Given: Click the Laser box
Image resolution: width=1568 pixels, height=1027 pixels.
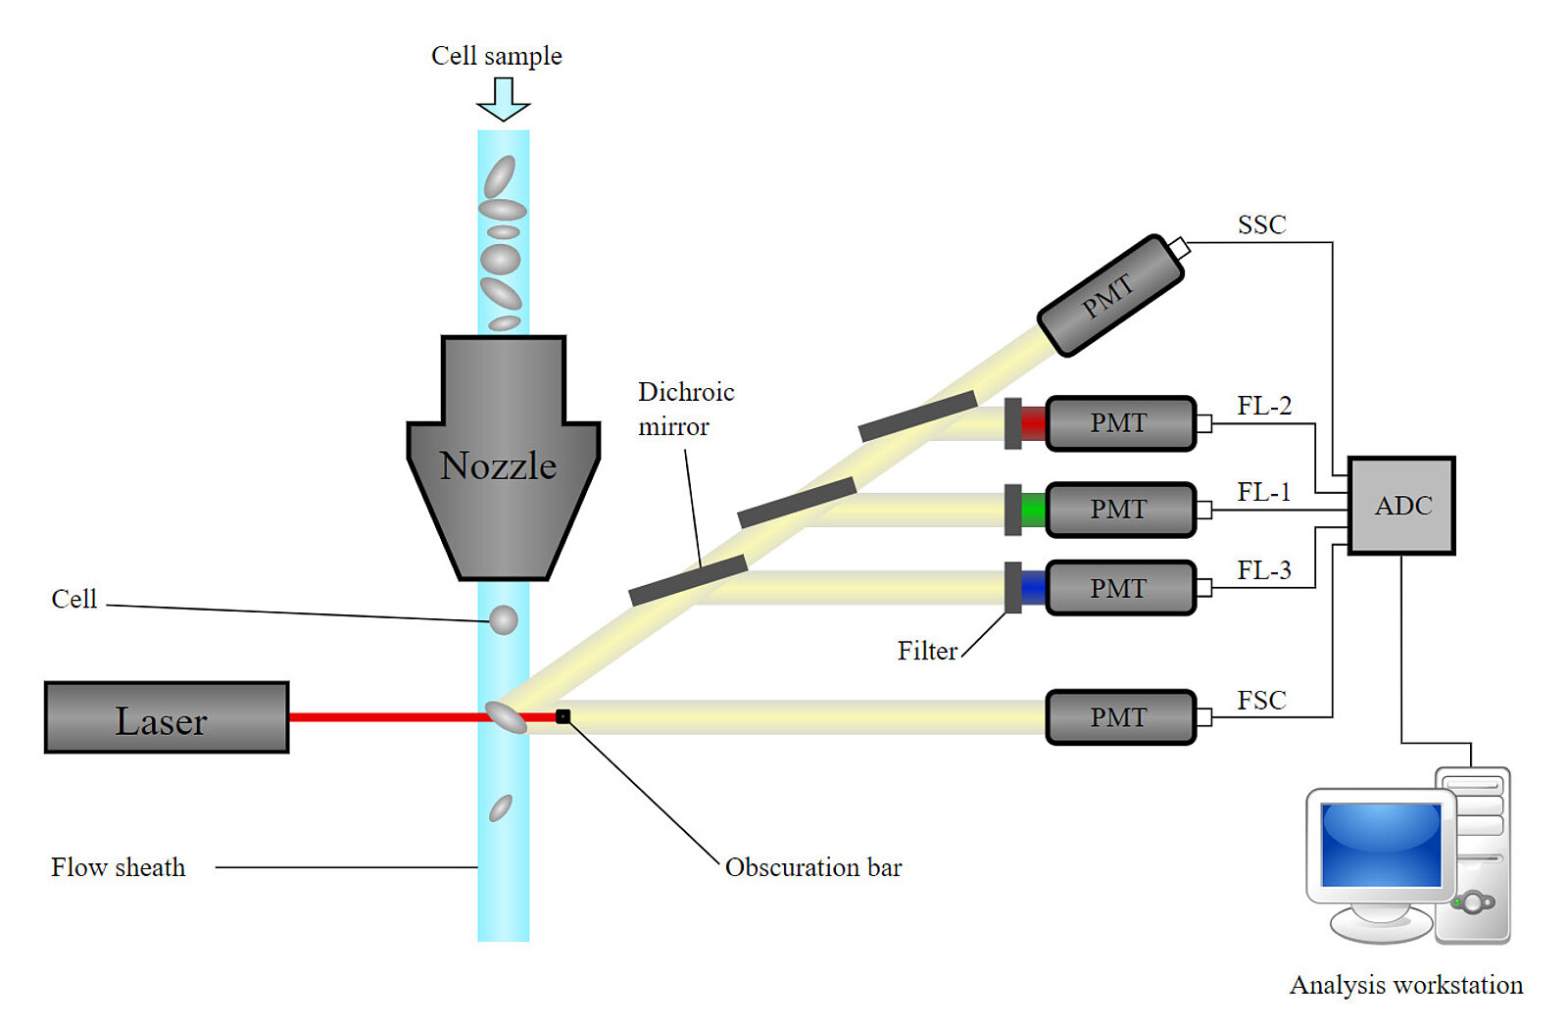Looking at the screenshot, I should point(167,717).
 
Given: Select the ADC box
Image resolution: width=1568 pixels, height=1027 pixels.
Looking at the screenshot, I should point(1401,506).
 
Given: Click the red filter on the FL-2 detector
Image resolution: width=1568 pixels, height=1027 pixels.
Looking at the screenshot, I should point(1033,423).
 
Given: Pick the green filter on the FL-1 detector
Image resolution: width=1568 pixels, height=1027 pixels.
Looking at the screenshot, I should point(1033,510).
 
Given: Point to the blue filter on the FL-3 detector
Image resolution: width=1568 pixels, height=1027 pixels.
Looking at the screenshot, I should point(1033,588).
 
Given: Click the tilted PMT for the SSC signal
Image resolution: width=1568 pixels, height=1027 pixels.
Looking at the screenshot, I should point(1111,294).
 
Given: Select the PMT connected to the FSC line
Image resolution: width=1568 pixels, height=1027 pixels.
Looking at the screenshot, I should point(1120,717).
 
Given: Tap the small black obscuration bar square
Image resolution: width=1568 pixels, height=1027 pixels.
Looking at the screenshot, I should point(563,716).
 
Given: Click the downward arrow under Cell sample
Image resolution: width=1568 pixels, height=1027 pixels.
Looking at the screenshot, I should point(503,98).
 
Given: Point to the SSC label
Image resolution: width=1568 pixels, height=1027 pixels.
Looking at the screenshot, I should point(1261,225).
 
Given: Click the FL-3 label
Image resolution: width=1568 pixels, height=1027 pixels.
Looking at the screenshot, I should point(1264,570).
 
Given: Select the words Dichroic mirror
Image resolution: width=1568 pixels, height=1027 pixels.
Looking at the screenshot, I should point(685,409).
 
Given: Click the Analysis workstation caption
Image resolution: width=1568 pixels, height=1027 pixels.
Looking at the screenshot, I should point(1405,985).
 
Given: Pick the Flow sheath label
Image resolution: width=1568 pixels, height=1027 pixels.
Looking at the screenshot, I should point(118,867).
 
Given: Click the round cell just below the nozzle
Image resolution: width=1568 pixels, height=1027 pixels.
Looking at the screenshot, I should point(503,619).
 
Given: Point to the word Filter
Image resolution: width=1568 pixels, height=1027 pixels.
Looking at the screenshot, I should point(927,651).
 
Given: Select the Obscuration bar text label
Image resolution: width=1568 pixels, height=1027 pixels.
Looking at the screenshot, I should point(813,867).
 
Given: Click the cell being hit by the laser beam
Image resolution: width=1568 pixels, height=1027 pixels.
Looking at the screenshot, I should point(507,716).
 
